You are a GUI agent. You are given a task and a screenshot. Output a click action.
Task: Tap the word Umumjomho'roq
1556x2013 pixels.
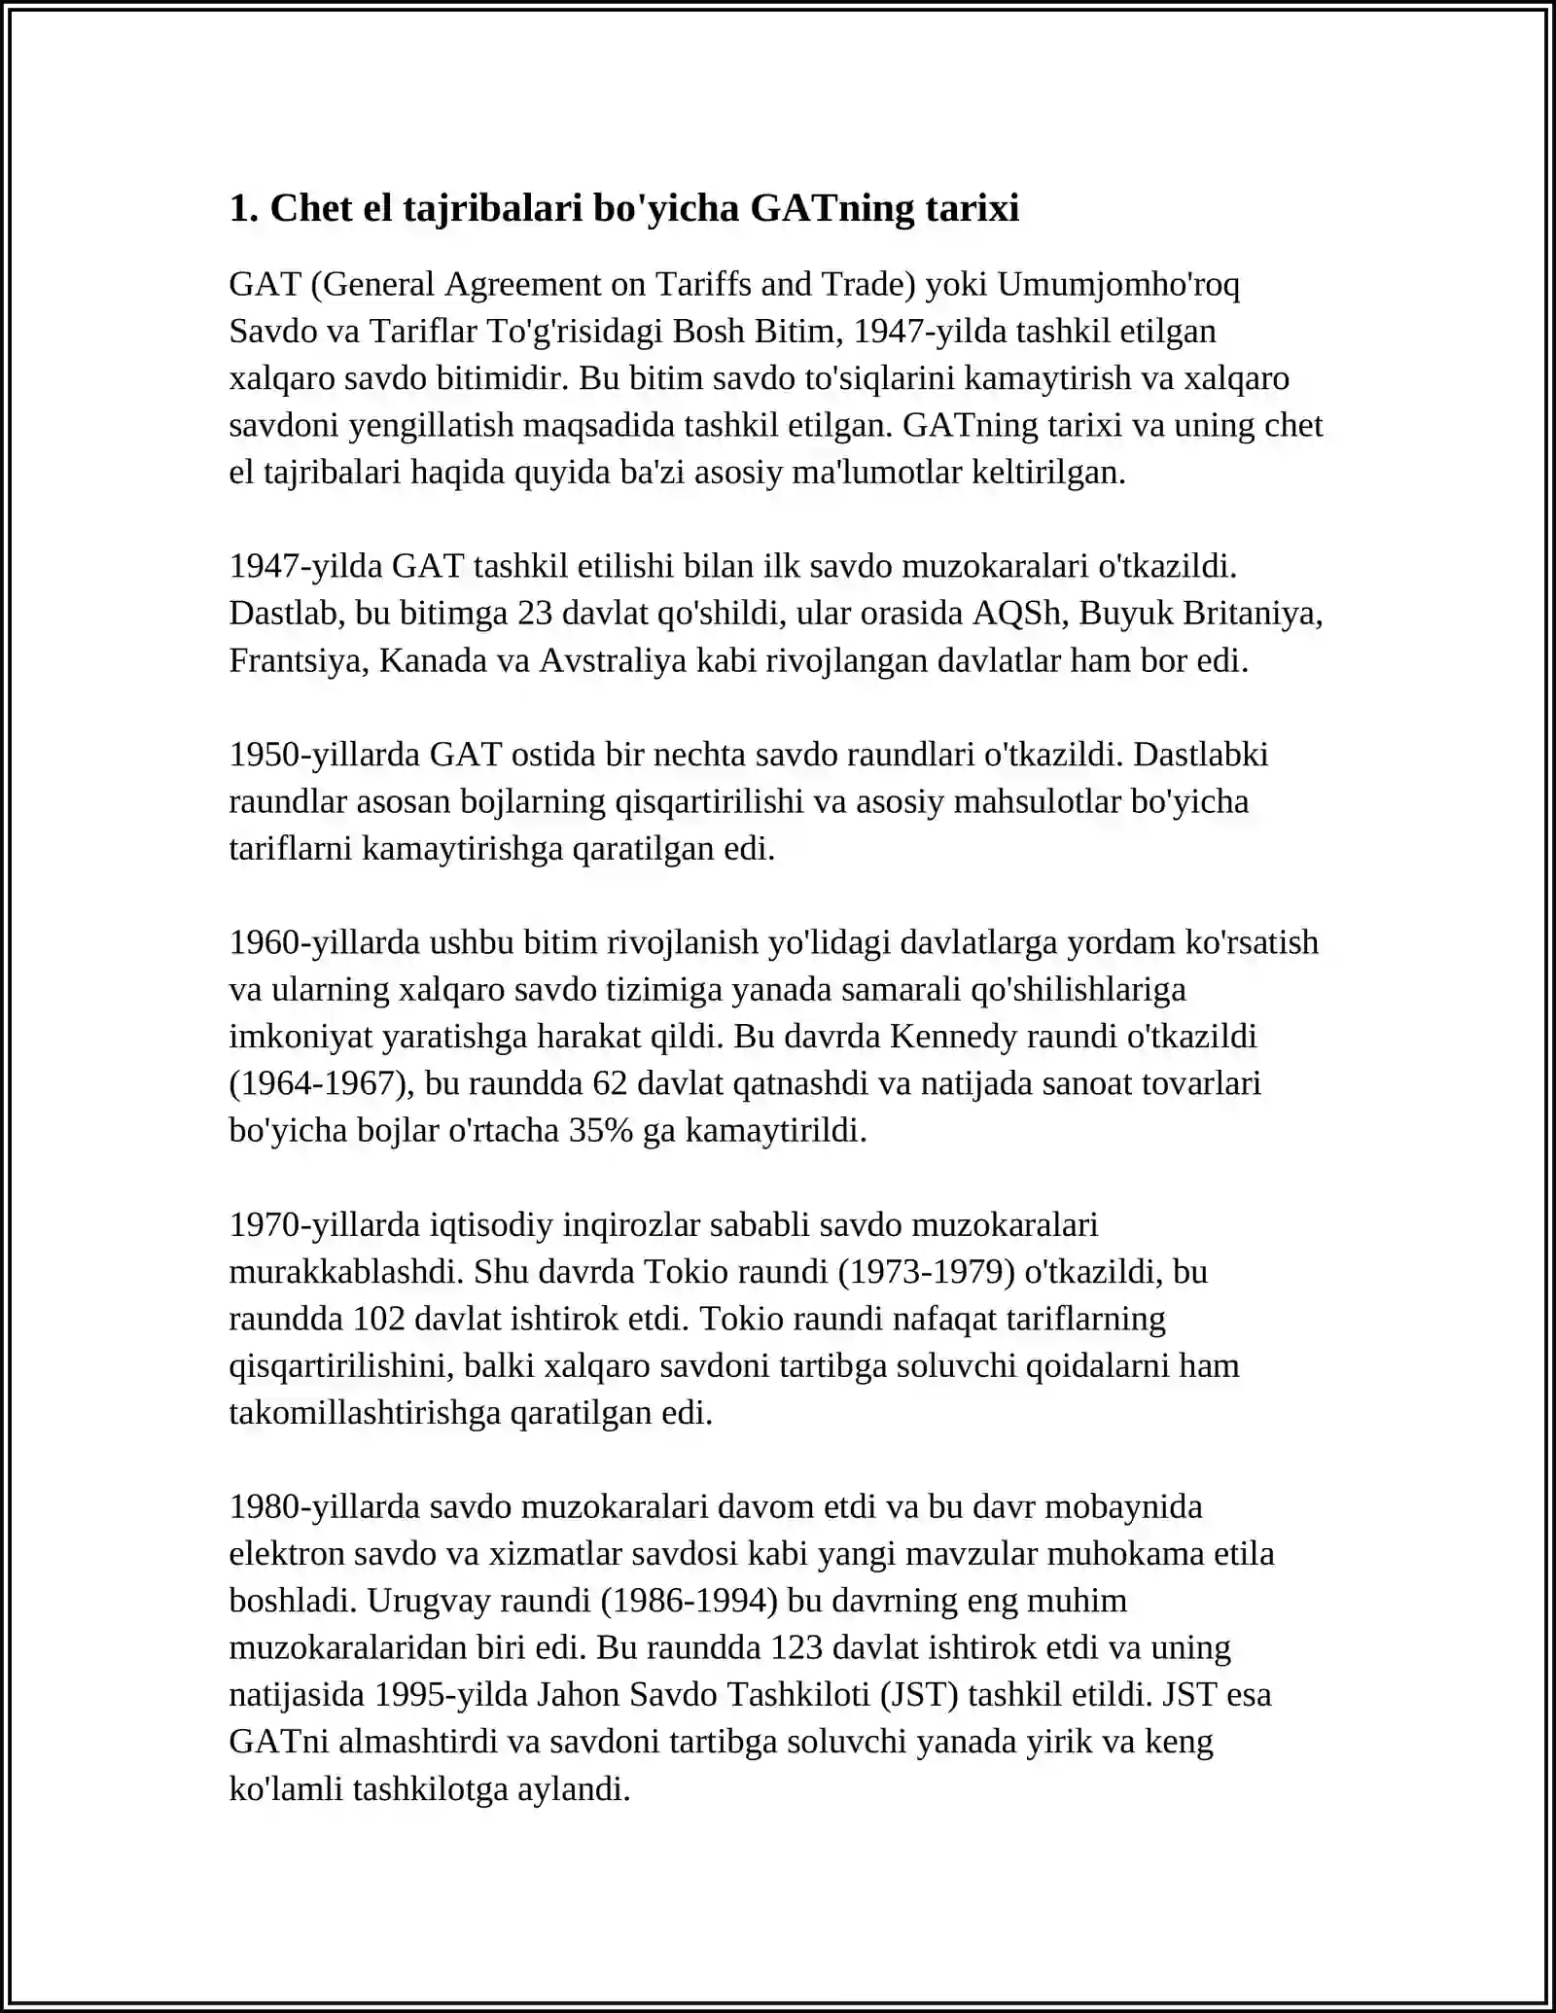click(1118, 284)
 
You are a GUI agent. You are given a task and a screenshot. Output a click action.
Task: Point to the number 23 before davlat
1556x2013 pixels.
click(535, 613)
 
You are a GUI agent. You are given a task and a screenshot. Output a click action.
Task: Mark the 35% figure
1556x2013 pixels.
click(600, 1130)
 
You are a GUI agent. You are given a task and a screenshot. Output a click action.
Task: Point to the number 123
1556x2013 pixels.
click(796, 1647)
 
